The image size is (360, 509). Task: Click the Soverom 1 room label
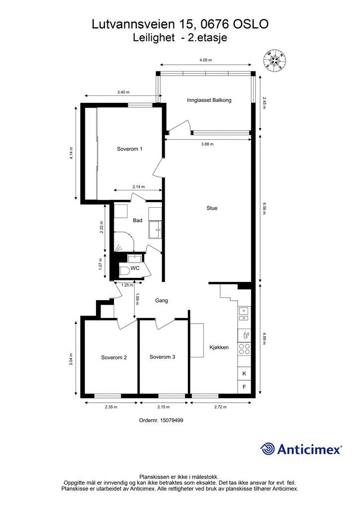coord(129,149)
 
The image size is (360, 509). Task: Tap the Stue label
coord(212,208)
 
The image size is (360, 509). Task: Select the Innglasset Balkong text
coord(209,100)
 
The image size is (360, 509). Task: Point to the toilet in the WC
coord(124,271)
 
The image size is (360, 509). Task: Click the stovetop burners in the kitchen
coord(244,348)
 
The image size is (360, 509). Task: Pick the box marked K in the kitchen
coord(244,374)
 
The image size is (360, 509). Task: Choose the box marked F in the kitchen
coord(244,387)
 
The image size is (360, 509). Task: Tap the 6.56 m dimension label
coord(264,208)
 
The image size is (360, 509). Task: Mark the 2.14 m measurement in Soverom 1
coord(139,187)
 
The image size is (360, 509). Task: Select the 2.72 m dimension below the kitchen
coord(220,407)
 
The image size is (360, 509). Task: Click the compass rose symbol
coord(274,60)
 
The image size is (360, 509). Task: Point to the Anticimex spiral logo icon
coord(267,449)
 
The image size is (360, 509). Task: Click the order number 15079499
coord(173,420)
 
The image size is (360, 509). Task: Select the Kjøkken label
coord(219,347)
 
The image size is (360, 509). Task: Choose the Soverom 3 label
coord(162,357)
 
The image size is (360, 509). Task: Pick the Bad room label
coord(138,220)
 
